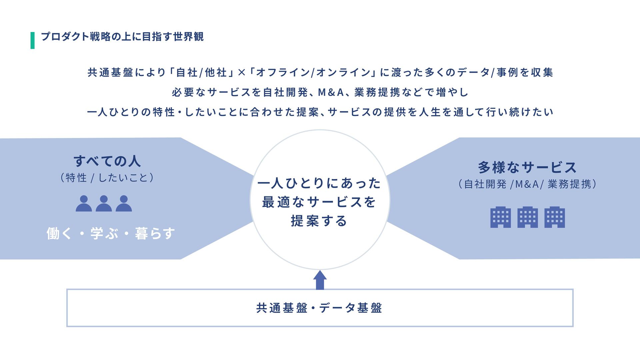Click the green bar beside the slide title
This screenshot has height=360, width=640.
(32, 40)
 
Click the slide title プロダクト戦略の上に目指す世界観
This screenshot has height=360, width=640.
(122, 36)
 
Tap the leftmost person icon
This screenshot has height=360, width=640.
(84, 204)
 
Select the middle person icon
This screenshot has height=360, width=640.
(104, 204)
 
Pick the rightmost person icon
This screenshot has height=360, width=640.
(124, 204)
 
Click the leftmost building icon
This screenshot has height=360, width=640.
(500, 217)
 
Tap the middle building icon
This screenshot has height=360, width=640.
(527, 217)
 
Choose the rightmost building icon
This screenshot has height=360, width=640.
(554, 217)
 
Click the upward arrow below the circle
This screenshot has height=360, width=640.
(320, 280)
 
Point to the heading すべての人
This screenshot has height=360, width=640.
(107, 161)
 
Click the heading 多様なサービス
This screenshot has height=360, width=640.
(527, 167)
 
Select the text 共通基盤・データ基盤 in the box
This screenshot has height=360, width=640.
(319, 308)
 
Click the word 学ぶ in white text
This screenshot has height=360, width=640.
(104, 233)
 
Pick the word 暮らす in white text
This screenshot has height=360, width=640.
(155, 233)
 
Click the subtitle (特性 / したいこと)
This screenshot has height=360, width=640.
(107, 178)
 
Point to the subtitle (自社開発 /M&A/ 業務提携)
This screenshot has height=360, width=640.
(527, 184)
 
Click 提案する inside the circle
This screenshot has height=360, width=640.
(319, 221)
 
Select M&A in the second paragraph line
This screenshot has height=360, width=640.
(331, 92)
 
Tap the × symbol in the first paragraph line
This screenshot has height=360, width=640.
(241, 73)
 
